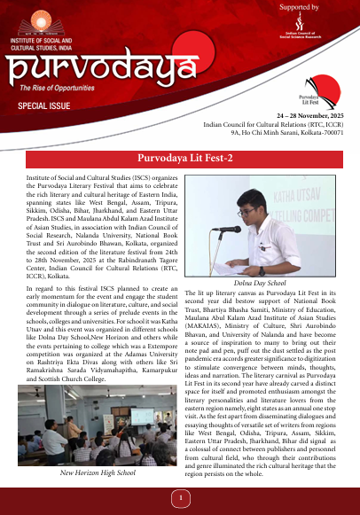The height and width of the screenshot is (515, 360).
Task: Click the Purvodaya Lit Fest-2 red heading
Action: click(180, 160)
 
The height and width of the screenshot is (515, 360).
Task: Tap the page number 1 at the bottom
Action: click(180, 498)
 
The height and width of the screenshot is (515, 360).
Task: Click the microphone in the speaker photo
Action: click(229, 229)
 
